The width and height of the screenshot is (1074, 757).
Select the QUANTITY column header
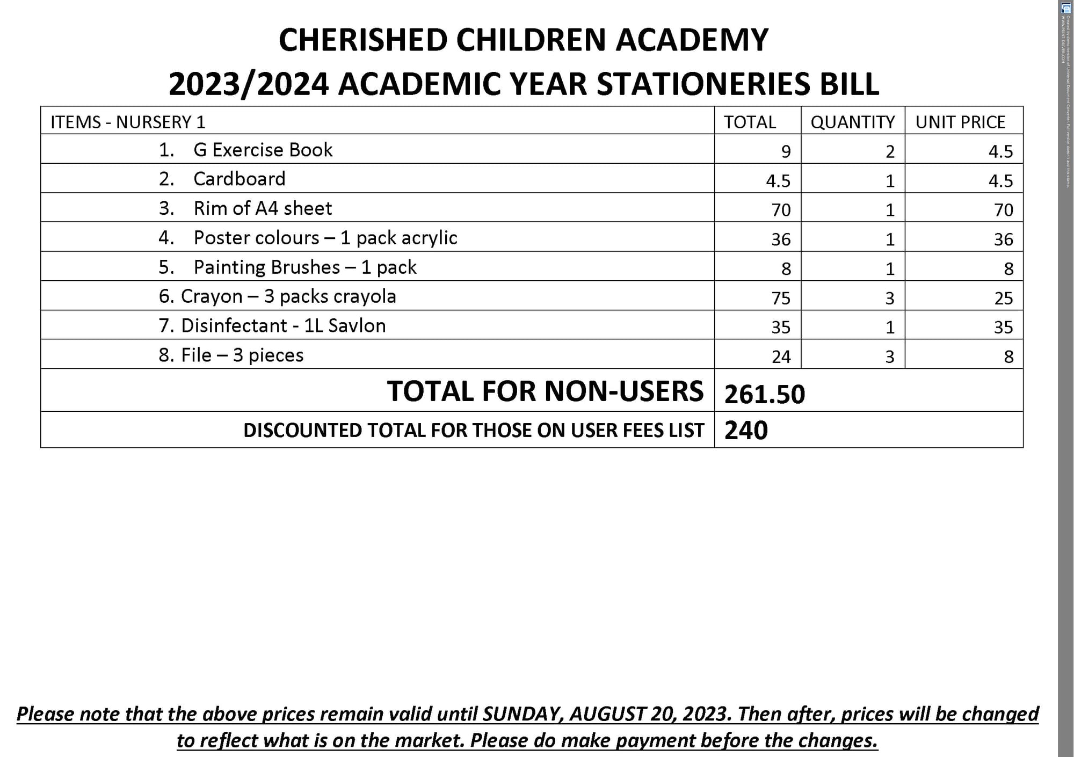(x=852, y=122)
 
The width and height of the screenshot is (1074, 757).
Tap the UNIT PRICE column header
(x=960, y=122)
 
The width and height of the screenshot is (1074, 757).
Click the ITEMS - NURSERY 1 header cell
(x=128, y=122)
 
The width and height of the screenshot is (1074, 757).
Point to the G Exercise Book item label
(x=263, y=150)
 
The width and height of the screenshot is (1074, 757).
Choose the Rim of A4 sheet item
(x=263, y=208)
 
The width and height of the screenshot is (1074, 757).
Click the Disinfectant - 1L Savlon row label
(x=283, y=326)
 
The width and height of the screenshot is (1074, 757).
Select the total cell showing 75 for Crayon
(x=781, y=298)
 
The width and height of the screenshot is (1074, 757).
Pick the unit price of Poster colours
(x=1003, y=239)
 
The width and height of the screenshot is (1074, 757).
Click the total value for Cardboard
(x=778, y=181)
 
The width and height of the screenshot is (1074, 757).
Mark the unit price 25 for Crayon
(x=1003, y=298)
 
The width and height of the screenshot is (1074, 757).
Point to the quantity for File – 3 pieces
(x=890, y=356)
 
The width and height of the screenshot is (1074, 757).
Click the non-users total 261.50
(x=765, y=394)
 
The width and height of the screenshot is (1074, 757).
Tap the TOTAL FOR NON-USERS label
(x=545, y=391)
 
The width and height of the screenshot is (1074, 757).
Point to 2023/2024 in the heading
(x=248, y=84)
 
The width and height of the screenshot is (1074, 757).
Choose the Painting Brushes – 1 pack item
(x=304, y=267)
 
